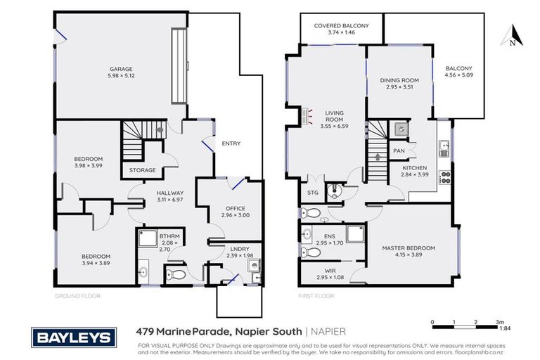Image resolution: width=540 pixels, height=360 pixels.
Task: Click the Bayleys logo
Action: (x=71, y=338)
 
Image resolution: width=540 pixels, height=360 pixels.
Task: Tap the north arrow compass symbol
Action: (x=513, y=35)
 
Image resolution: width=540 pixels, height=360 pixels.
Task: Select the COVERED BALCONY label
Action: (x=340, y=25)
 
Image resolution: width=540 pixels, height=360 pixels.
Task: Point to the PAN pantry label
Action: (x=399, y=150)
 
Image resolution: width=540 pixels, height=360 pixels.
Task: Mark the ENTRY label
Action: (x=231, y=143)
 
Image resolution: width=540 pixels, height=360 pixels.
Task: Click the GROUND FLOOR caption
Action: (x=77, y=296)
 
